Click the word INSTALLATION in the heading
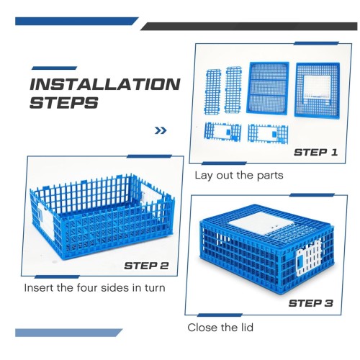(105, 84)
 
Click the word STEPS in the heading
(64, 103)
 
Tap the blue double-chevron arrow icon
(161, 130)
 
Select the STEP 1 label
(315, 153)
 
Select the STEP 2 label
(146, 266)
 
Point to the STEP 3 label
(311, 303)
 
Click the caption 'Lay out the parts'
(239, 175)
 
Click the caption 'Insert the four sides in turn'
(95, 287)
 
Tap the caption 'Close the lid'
(220, 328)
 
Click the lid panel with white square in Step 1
(318, 90)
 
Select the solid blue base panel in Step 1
(268, 88)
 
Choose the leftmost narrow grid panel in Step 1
(212, 91)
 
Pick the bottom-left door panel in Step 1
(222, 132)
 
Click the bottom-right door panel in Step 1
(268, 134)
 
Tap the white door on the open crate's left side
(45, 222)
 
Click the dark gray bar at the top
(249, 26)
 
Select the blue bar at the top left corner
(77, 21)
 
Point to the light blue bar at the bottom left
(68, 333)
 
